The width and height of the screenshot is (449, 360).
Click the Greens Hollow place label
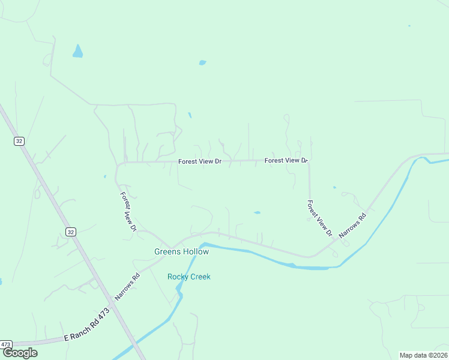tap(181, 252)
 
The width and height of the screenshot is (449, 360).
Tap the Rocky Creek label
tap(188, 277)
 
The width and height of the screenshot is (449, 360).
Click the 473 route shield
tap(6, 344)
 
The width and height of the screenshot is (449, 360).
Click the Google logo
tap(20, 353)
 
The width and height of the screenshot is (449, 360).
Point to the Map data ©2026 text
tap(423, 355)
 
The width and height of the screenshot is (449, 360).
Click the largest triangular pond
tap(77, 52)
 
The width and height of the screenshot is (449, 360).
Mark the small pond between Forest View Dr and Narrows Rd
tap(257, 212)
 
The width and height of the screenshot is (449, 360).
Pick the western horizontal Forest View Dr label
tap(200, 161)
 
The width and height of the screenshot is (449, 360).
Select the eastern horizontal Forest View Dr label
tap(286, 160)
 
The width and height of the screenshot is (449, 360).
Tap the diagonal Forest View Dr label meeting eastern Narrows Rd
tap(319, 217)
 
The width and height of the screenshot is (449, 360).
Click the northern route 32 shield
tap(19, 140)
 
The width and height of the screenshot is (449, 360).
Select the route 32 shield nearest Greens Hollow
tap(70, 232)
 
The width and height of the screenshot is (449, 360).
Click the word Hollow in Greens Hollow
tap(196, 252)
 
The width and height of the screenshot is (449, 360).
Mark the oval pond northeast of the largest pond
tap(202, 62)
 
